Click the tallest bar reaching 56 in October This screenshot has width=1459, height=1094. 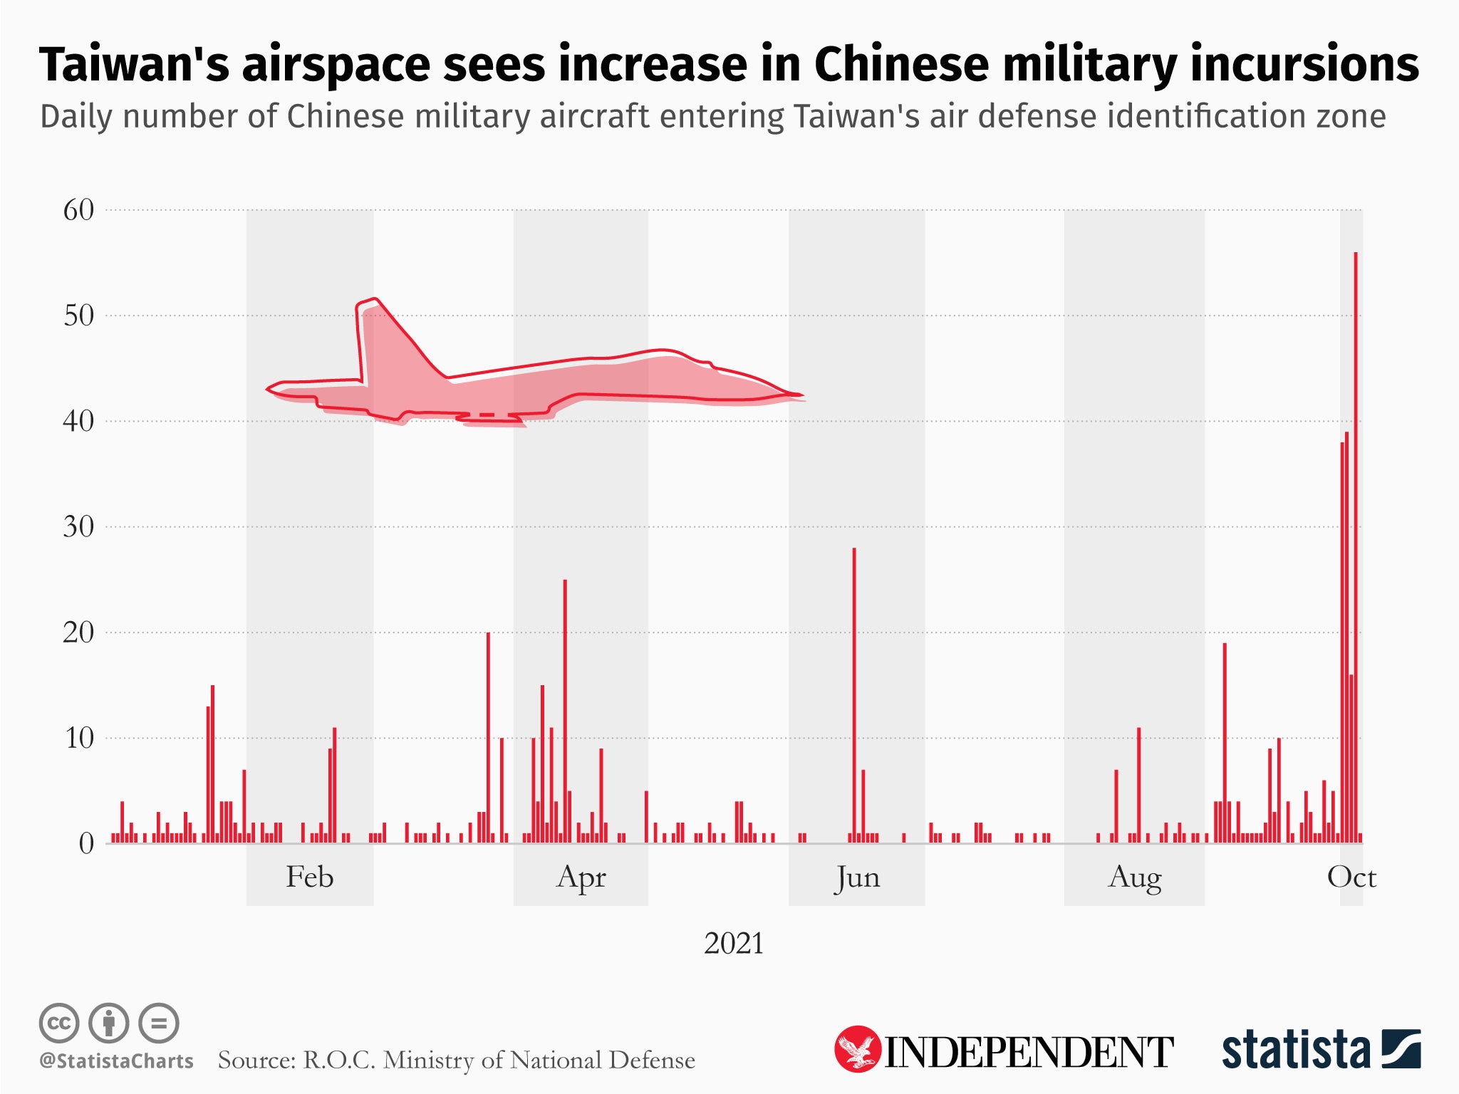coord(1356,548)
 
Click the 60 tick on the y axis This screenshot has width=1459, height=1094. coord(78,210)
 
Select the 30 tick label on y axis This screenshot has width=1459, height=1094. coord(78,527)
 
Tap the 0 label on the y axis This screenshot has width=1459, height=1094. coord(86,844)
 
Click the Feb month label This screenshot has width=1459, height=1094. coord(309,877)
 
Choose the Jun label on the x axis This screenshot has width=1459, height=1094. coord(858,877)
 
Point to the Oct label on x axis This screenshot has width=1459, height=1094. coord(1351,877)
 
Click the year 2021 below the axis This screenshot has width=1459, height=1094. coord(733,944)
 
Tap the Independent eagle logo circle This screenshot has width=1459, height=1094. coord(858,1048)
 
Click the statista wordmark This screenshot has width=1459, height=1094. coord(1296,1050)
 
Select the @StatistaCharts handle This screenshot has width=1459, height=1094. coord(116,1061)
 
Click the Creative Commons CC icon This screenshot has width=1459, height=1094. coord(59,1023)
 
